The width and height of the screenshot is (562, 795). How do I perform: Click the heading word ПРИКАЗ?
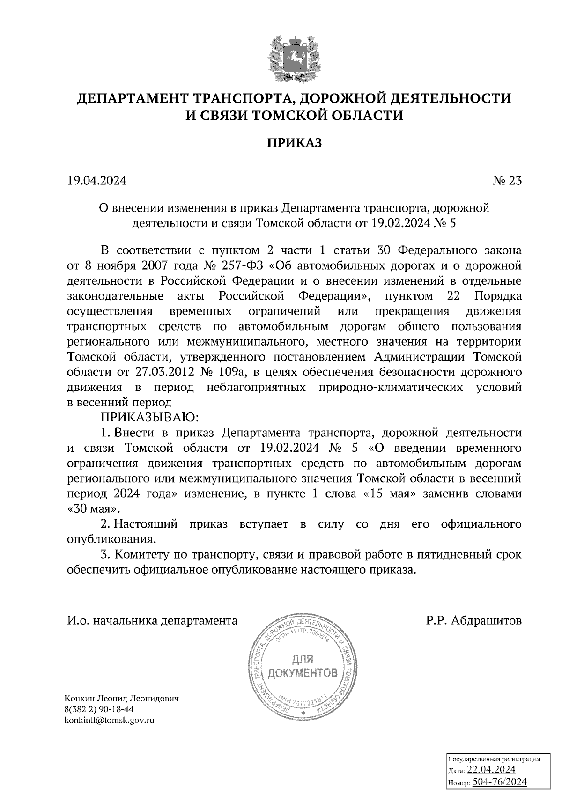[295, 143]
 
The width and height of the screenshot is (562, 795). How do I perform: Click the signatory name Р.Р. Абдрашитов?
[473, 621]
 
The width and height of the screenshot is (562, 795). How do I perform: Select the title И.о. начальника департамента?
[152, 621]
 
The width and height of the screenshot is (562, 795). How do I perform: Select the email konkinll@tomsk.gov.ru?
[111, 720]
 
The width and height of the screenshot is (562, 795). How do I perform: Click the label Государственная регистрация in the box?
[495, 759]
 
